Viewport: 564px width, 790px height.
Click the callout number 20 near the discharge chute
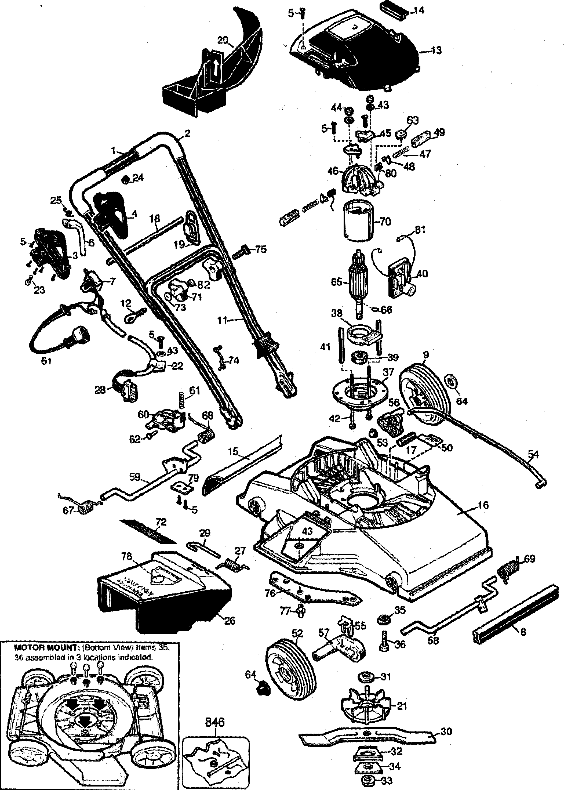coord(223,40)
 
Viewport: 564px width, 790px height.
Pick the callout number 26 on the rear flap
coord(230,621)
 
